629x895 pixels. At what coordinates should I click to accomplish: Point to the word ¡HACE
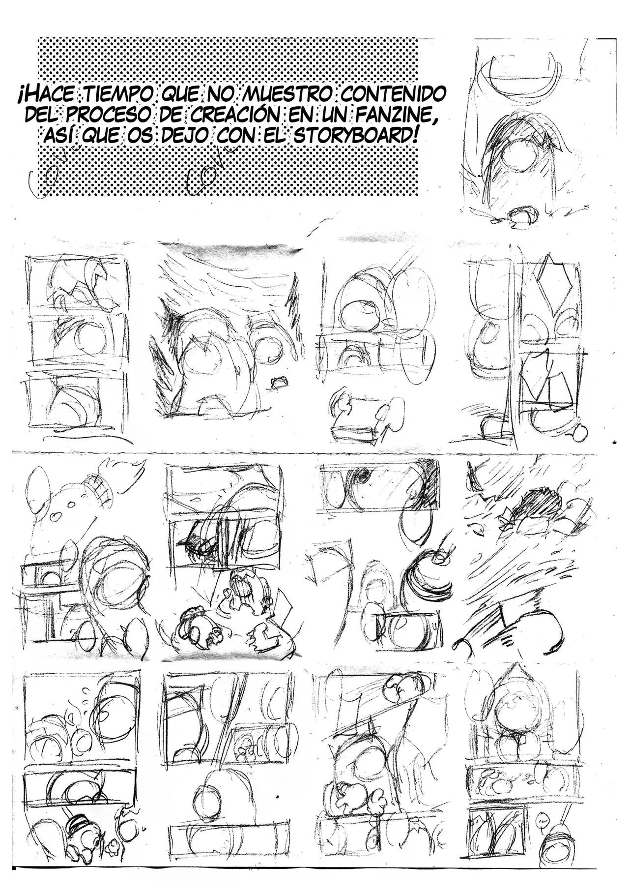(44, 94)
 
